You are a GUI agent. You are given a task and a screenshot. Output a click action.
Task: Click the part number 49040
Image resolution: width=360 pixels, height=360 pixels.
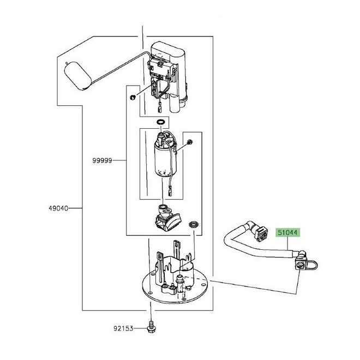pos(58,208)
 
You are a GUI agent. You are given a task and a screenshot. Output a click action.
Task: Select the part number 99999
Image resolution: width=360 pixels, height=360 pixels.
pos(102,160)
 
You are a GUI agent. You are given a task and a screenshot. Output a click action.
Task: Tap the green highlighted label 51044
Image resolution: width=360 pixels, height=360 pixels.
pos(287,232)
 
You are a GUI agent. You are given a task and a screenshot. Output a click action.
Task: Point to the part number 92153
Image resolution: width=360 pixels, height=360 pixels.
pos(123,328)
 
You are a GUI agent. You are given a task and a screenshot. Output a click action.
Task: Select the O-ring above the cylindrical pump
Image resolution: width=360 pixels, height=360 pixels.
pos(160,122)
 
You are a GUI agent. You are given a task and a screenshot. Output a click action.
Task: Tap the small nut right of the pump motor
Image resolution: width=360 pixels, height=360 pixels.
pos(190,142)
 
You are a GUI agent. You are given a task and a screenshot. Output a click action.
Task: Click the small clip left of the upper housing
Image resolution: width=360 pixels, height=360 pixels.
pos(133,97)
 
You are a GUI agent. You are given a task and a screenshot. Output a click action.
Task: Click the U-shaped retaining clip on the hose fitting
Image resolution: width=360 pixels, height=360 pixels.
pos(312,266)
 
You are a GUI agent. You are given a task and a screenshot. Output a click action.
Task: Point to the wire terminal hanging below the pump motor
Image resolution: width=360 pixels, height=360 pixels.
pos(170,193)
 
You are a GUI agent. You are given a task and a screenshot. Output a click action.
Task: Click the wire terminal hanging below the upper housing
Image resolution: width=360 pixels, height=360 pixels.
pos(160,108)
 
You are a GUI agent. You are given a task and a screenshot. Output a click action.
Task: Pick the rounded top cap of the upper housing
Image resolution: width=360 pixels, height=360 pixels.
pos(169,49)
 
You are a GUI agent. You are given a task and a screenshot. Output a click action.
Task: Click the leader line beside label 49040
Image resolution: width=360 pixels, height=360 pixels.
pos(75,208)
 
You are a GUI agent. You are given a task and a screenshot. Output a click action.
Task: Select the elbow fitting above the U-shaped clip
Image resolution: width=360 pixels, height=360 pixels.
pos(302,255)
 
